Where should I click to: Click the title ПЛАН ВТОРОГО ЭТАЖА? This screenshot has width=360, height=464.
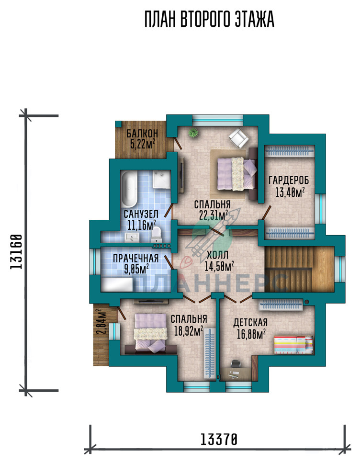209,20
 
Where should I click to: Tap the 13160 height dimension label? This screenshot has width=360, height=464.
15,252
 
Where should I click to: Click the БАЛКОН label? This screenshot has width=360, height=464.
142,133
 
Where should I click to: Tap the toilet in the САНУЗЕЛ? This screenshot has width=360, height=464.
156,234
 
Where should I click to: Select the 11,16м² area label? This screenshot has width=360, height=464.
140,225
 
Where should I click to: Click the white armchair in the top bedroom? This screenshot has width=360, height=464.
238,138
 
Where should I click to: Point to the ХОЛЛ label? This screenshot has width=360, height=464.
217,254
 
